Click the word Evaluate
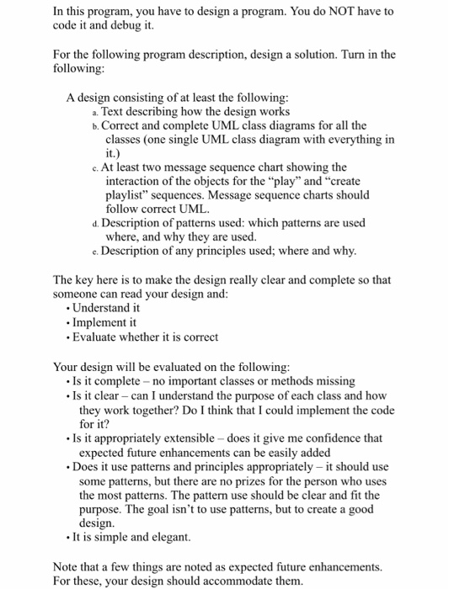[99, 337]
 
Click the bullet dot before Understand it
[70, 309]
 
